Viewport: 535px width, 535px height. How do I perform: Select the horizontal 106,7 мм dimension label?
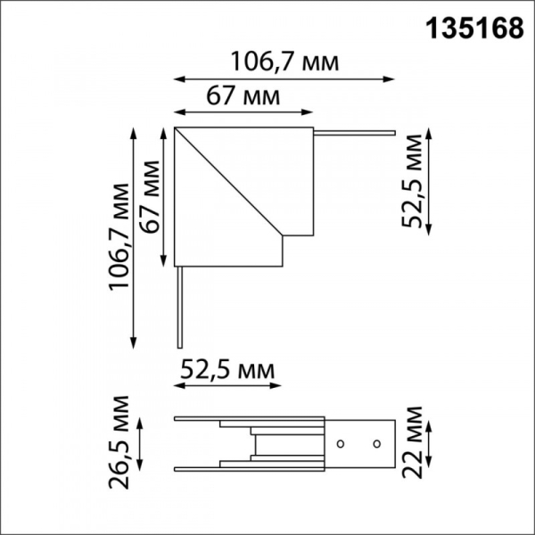tap(285, 62)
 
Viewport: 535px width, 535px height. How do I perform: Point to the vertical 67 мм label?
tap(148, 197)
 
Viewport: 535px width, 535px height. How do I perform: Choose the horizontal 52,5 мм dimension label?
tap(226, 368)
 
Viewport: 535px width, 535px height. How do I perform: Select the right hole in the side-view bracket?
tap(375, 443)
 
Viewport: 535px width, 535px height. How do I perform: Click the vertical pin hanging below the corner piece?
tap(179, 308)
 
